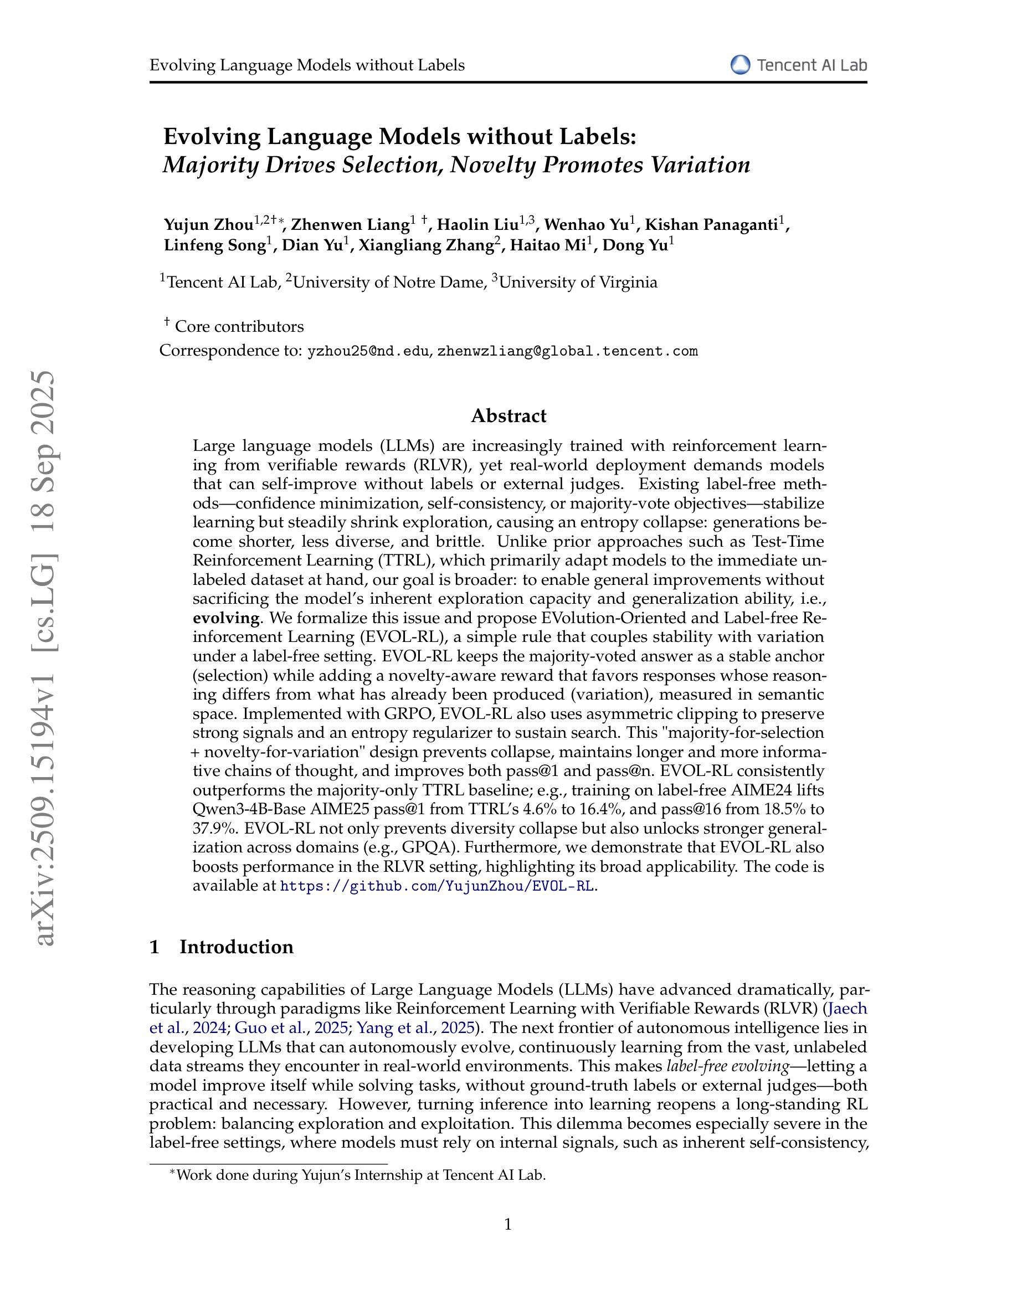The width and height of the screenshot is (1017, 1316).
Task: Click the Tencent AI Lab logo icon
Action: pos(740,65)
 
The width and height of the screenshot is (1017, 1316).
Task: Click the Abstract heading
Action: pos(508,416)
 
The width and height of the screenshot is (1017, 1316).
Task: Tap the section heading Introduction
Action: pos(236,947)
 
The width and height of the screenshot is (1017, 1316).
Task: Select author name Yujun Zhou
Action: pos(208,225)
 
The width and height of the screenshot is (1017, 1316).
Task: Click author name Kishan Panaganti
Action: pos(710,225)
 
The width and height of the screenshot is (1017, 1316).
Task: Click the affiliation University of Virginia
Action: pos(578,282)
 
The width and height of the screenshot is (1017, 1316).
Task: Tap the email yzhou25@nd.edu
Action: pos(368,351)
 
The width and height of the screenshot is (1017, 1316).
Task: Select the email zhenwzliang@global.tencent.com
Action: pos(567,351)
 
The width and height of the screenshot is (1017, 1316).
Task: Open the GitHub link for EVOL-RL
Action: pos(438,886)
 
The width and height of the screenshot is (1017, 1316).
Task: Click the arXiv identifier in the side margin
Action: pos(46,657)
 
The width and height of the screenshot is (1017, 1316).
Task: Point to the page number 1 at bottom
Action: pos(508,1224)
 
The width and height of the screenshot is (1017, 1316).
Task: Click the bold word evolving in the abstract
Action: pos(227,618)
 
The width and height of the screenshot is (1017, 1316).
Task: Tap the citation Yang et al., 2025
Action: pos(415,1028)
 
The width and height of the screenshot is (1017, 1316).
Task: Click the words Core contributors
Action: pos(239,327)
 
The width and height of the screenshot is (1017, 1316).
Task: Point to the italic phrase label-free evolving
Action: pos(727,1066)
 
